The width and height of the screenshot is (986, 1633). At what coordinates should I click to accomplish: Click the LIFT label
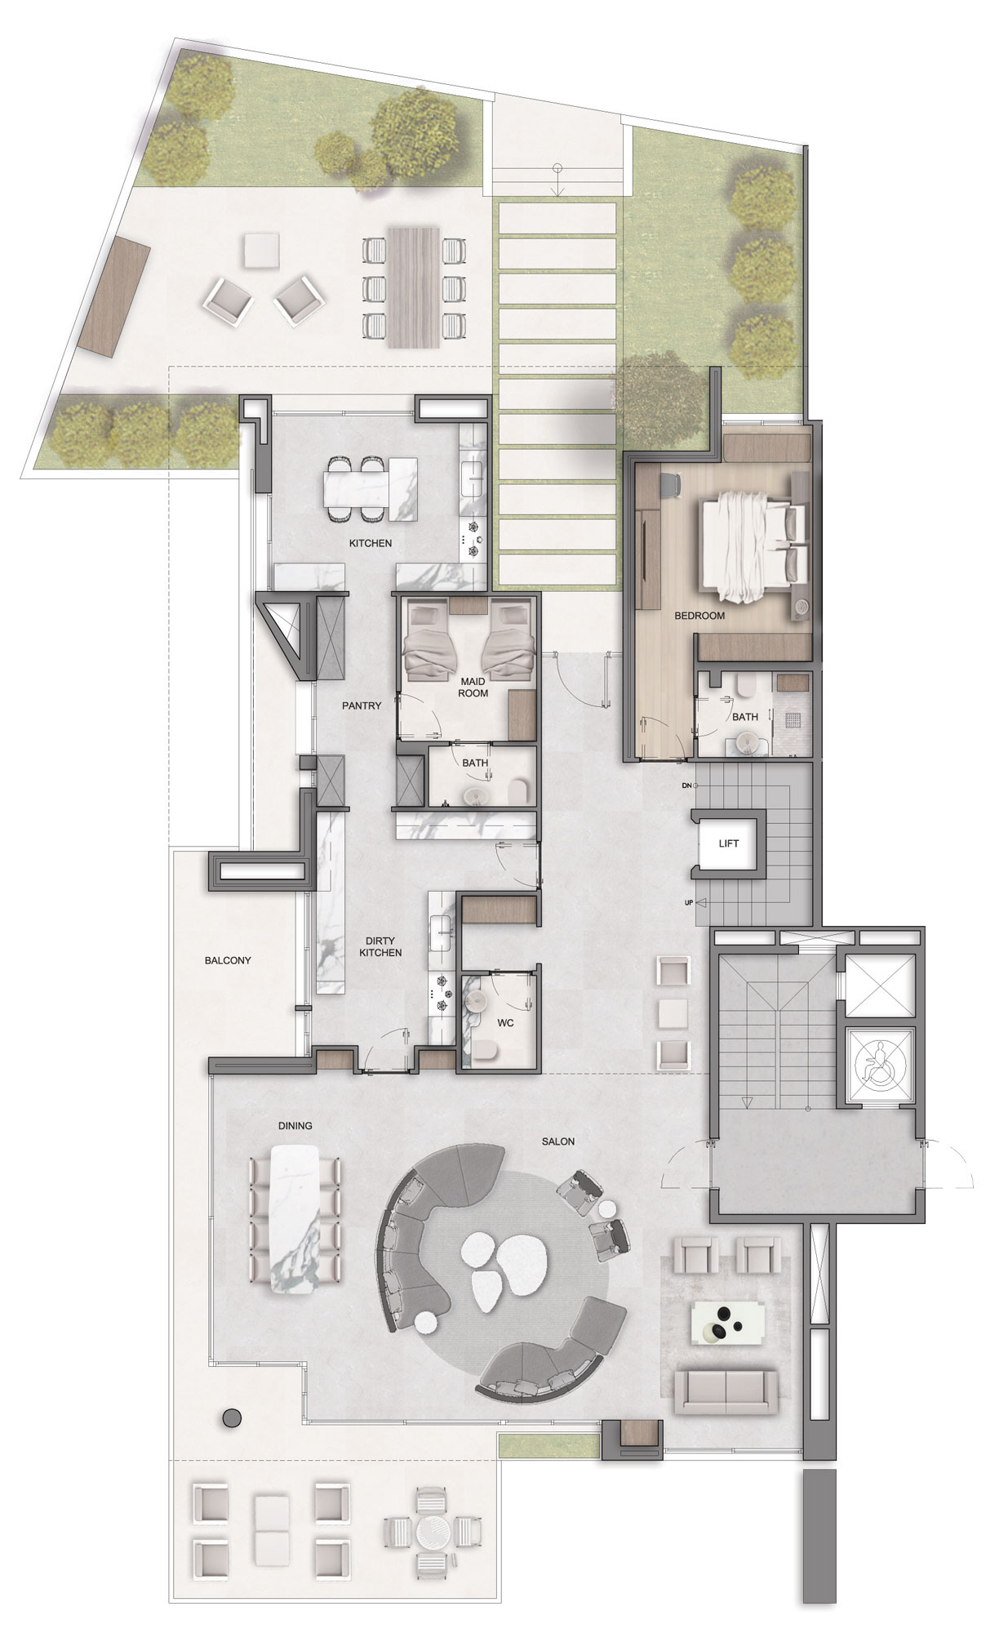728,843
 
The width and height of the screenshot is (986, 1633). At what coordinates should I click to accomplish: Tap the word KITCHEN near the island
371,543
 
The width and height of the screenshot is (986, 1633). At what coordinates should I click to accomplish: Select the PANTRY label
362,705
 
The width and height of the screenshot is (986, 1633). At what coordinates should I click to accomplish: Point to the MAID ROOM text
473,687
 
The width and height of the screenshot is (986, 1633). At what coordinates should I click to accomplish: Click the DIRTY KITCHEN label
380,946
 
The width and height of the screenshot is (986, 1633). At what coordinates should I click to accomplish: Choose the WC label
505,1023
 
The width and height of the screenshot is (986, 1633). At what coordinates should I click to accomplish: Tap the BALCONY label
228,960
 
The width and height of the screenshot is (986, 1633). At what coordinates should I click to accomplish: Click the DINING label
295,1125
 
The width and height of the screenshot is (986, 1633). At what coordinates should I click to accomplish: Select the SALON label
557,1141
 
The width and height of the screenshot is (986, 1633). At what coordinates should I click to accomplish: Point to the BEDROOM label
700,616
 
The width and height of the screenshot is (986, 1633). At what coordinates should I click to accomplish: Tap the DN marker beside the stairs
687,785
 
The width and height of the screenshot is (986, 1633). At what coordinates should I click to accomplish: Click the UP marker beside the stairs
688,903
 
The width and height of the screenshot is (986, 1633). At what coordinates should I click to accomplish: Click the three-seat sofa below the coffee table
726,1387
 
